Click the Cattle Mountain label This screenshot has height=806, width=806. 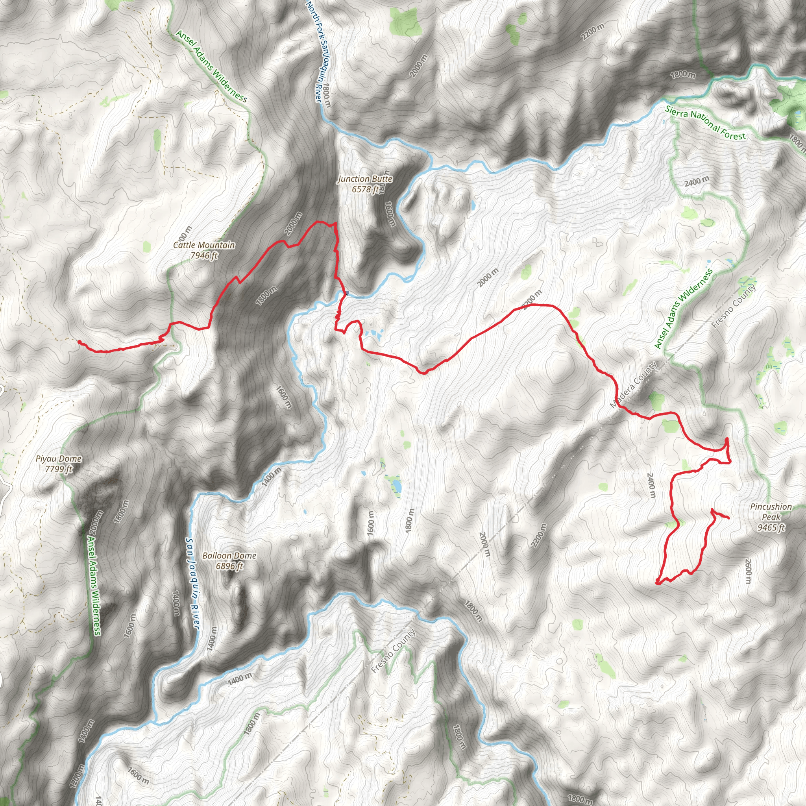click(x=203, y=245)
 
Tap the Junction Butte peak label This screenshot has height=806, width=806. click(x=365, y=179)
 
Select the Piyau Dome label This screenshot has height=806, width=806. click(x=58, y=459)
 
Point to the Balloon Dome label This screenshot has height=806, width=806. click(x=229, y=556)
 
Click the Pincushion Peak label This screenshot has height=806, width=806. click(x=771, y=512)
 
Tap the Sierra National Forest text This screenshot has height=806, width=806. click(x=705, y=122)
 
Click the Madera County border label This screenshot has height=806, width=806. click(x=633, y=385)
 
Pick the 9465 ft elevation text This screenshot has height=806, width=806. click(x=771, y=528)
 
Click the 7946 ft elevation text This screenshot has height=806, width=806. click(x=204, y=255)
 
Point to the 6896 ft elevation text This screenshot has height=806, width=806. click(x=229, y=566)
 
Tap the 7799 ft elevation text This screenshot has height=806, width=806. click(x=59, y=469)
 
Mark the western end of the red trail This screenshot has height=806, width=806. click(x=79, y=342)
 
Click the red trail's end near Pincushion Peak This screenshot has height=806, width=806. click(x=728, y=518)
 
